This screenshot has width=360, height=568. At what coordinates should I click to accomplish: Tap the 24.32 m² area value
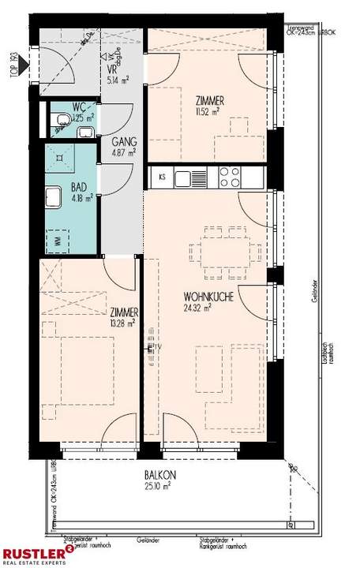click(x=187, y=308)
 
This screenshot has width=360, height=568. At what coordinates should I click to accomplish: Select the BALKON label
click(x=160, y=475)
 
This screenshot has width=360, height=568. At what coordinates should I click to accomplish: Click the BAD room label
click(x=78, y=189)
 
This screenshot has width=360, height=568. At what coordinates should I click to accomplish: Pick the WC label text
click(x=79, y=107)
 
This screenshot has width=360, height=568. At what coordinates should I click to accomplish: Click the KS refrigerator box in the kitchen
click(x=160, y=177)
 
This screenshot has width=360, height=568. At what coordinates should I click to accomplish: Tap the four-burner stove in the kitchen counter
click(x=228, y=177)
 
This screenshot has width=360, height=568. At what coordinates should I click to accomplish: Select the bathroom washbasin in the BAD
click(x=55, y=196)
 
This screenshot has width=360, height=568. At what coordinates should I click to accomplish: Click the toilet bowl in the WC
click(x=61, y=119)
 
